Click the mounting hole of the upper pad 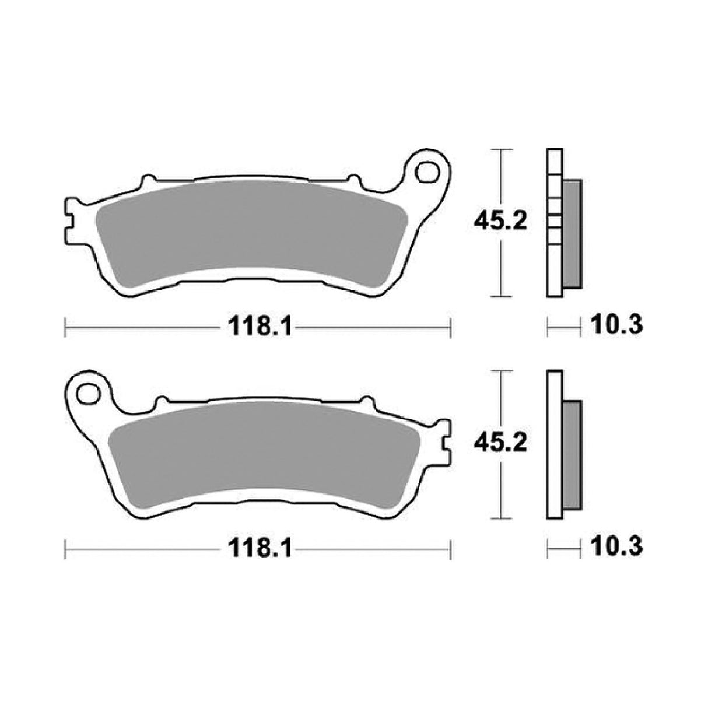click(x=428, y=173)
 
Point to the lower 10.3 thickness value click(x=616, y=546)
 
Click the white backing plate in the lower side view click(x=555, y=443)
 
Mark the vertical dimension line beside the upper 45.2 click(x=502, y=268)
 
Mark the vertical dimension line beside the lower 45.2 click(x=502, y=490)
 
